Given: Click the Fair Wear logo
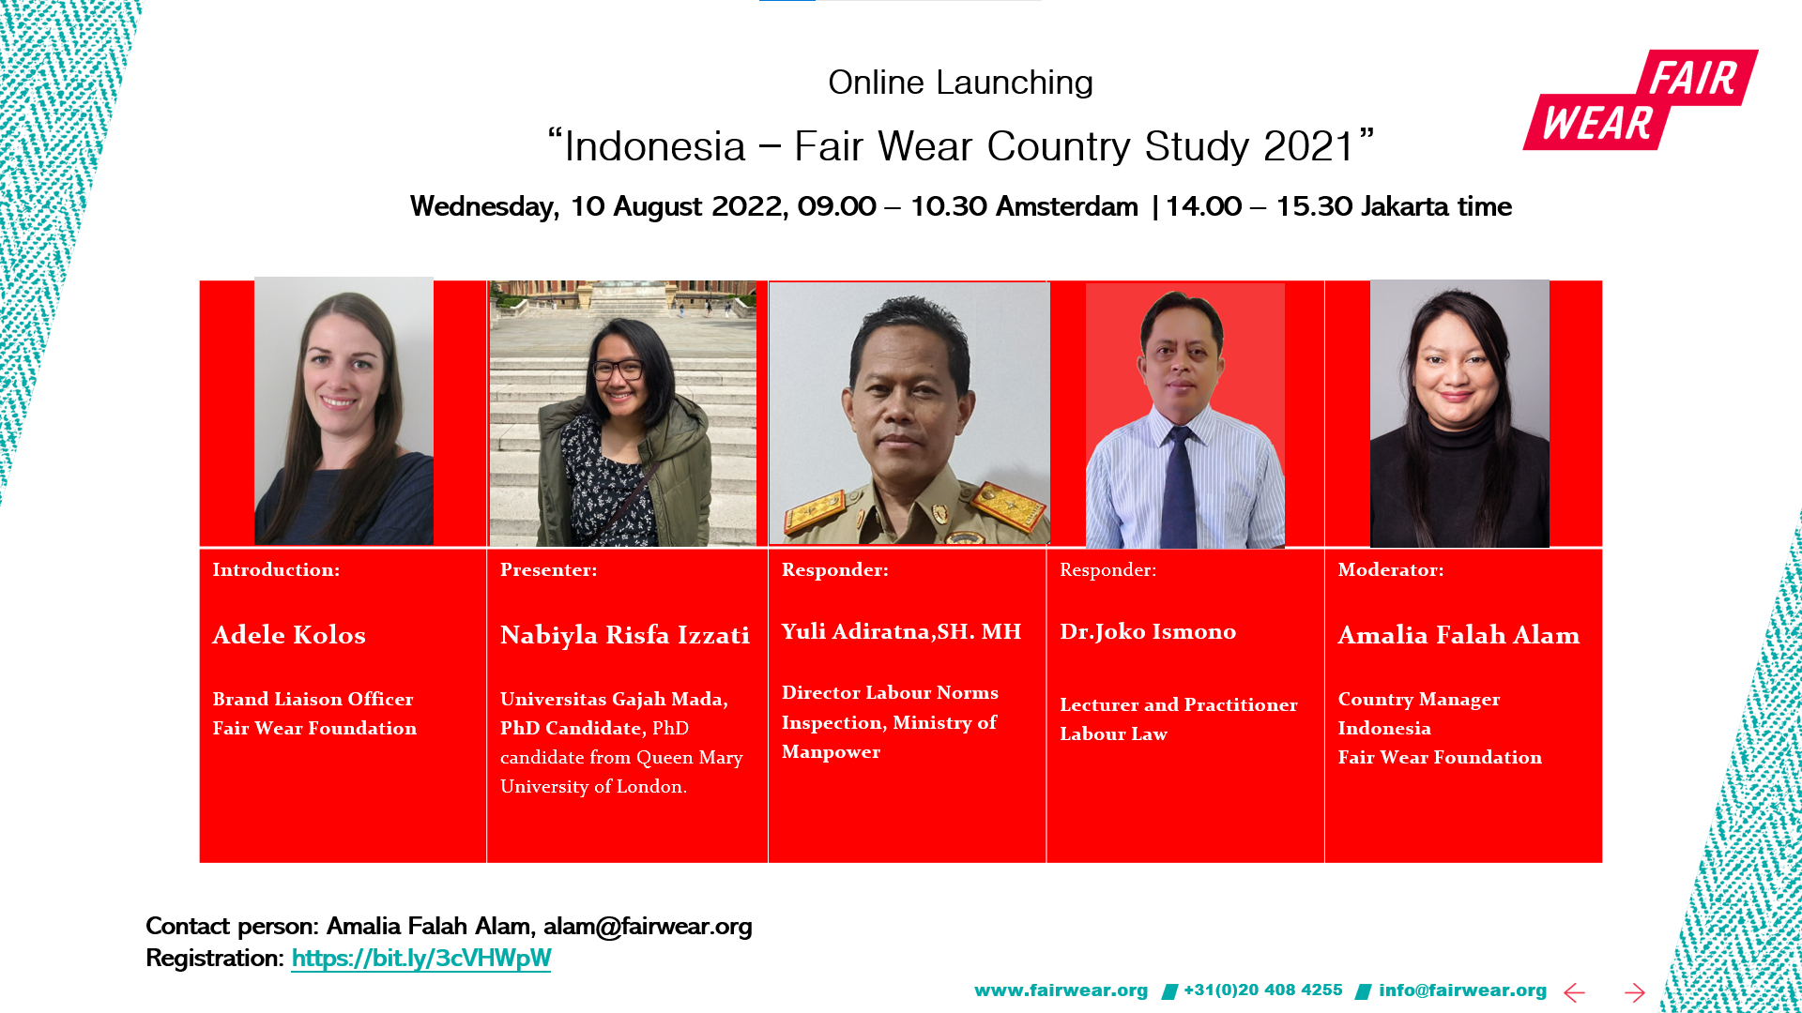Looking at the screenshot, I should pos(1641,99).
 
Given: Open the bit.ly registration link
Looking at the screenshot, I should pos(420,958).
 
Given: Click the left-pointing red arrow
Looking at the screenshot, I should pos(1574,992).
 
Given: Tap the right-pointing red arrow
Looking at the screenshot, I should pos(1634,992).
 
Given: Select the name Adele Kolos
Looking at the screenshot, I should pos(289,635).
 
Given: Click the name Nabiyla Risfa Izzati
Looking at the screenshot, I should pos(624,635).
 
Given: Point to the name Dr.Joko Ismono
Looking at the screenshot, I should pos(1147,631).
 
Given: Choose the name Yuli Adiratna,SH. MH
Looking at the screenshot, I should pos(901,631).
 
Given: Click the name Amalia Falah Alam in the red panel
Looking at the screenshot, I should pos(1458,635).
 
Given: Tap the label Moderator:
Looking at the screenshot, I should pos(1390,569).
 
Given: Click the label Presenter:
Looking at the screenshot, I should pos(548,569).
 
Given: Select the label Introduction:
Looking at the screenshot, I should pos(276,569).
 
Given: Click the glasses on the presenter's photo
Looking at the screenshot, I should pos(617,370).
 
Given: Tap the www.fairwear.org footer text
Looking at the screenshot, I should pos(1061,990).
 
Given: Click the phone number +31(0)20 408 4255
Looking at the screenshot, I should pos(1262,990).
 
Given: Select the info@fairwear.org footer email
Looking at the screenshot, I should pos(1462,990).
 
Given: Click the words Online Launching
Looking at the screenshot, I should pos(960,83).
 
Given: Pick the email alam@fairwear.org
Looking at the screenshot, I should pos(648,926).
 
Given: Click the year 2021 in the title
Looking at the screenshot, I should pos(1309,146).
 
